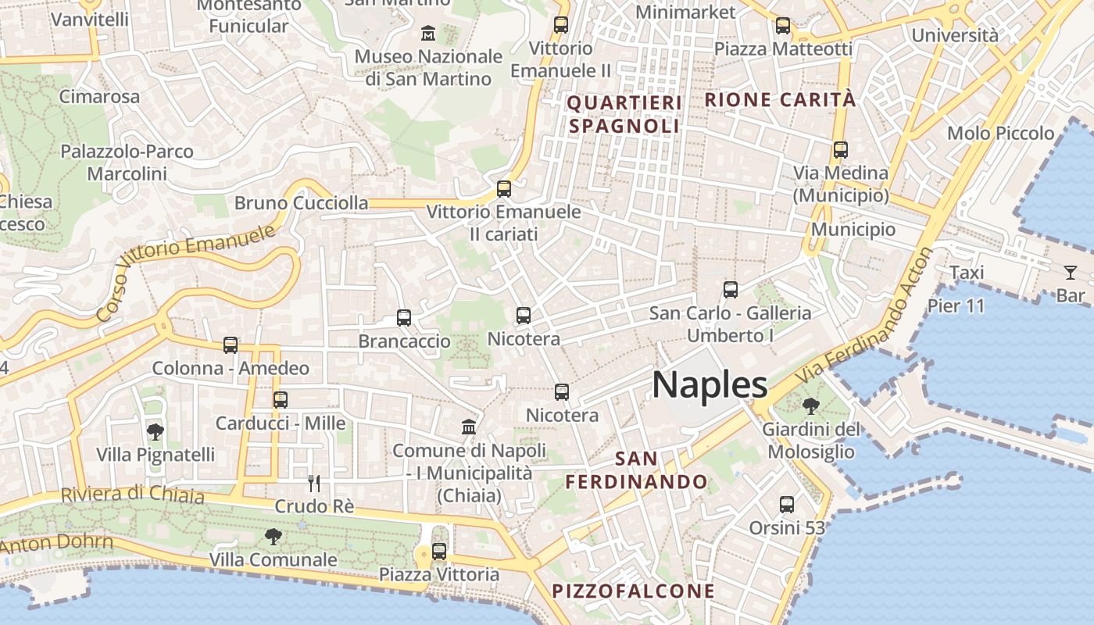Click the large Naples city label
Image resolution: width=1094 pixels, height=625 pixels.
pyautogui.click(x=710, y=385)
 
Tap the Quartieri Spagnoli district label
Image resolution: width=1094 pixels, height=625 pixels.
pyautogui.click(x=624, y=114)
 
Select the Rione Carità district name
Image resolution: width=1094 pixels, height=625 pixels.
pyautogui.click(x=780, y=100)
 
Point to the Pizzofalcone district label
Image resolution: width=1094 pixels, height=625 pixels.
pyautogui.click(x=633, y=591)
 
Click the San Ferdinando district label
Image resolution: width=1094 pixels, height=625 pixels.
pyautogui.click(x=636, y=470)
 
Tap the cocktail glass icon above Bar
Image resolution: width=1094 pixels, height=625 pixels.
pyautogui.click(x=1070, y=273)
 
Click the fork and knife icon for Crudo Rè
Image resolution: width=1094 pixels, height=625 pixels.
pyautogui.click(x=314, y=483)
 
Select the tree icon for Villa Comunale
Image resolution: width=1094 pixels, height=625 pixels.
pyautogui.click(x=273, y=536)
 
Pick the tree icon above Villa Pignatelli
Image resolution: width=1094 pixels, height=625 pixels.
pyautogui.click(x=156, y=430)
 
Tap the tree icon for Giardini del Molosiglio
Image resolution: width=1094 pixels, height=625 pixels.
pyautogui.click(x=811, y=405)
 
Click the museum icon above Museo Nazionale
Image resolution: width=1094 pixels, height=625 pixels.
pyautogui.click(x=428, y=33)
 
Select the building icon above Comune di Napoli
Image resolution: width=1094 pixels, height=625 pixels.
pyautogui.click(x=469, y=427)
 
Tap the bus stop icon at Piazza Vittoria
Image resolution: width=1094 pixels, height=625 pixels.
pyautogui.click(x=439, y=551)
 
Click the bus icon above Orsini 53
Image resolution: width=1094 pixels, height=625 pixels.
pyautogui.click(x=787, y=504)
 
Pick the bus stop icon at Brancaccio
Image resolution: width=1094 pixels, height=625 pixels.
pyautogui.click(x=404, y=318)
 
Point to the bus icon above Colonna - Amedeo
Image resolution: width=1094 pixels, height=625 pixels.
pyautogui.click(x=231, y=345)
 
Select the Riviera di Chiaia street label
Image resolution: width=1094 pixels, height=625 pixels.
pyautogui.click(x=133, y=495)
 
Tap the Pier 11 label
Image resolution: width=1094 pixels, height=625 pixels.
pyautogui.click(x=956, y=305)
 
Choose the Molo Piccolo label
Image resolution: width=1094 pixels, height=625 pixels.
pyautogui.click(x=1001, y=134)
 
